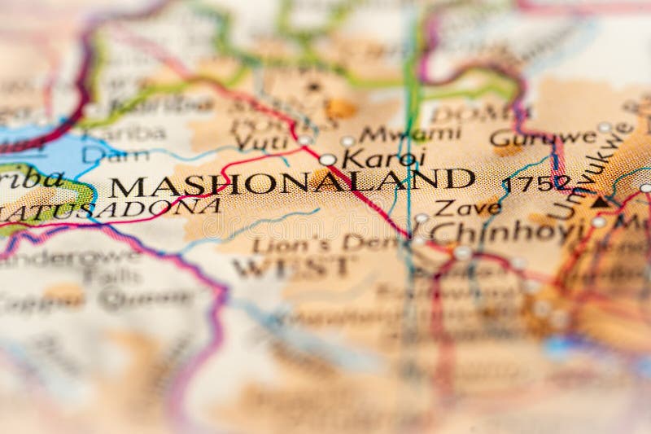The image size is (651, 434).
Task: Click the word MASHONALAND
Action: (293, 182)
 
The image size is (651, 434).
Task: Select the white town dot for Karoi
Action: (327, 160)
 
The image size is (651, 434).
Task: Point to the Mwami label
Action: (410, 134)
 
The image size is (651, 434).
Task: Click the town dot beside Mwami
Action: (347, 142)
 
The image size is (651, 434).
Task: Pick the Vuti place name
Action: (260, 142)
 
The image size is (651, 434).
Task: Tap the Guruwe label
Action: (544, 138)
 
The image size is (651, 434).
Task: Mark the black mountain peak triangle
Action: (600, 202)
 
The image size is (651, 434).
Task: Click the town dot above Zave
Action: (421, 218)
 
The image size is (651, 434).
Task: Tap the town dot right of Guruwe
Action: (604, 128)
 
